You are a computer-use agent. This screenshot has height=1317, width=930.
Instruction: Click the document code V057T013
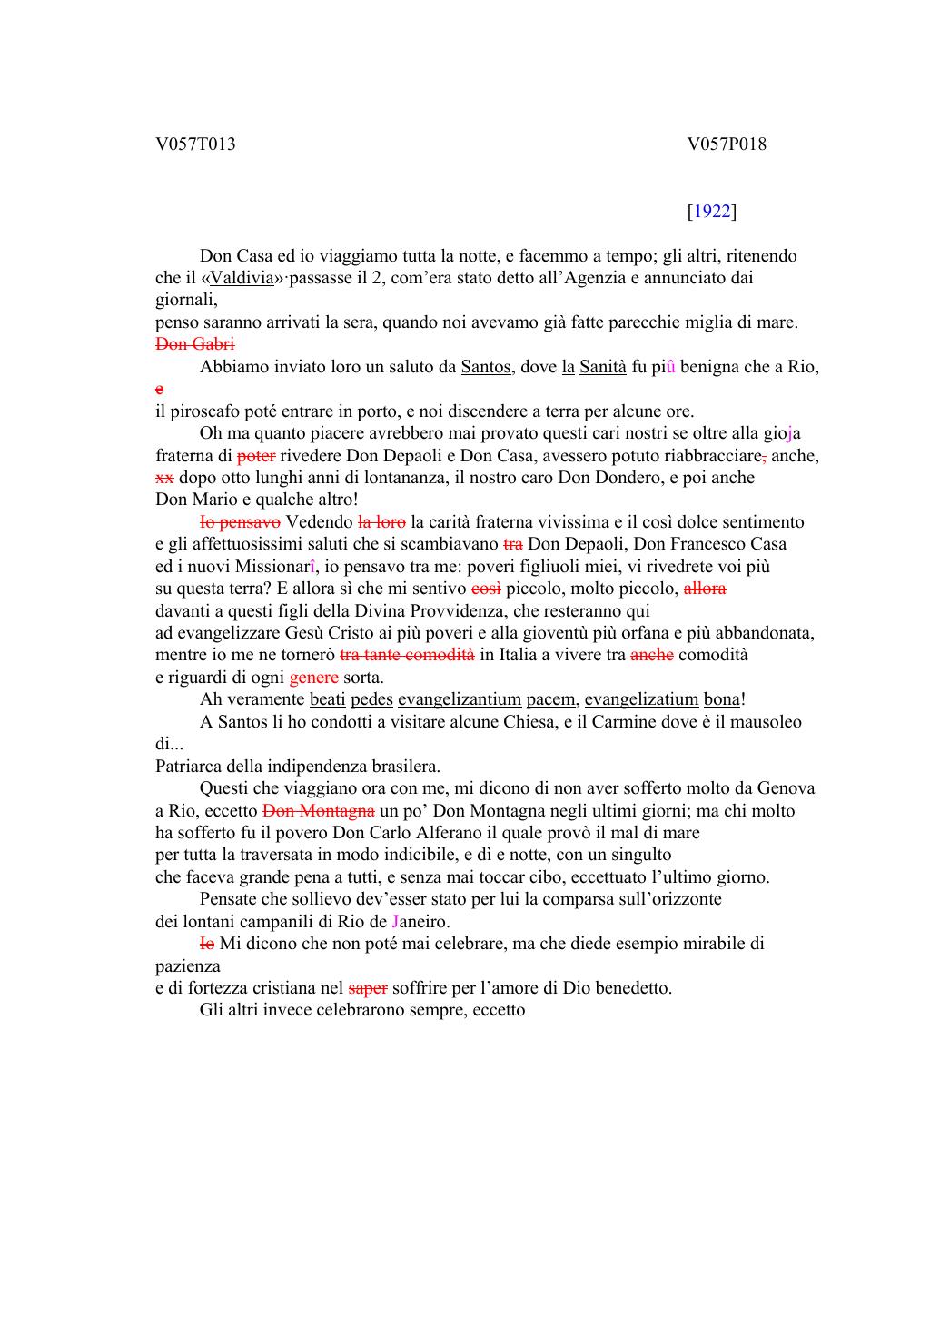click(195, 144)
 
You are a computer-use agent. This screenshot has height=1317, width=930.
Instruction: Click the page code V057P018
click(727, 144)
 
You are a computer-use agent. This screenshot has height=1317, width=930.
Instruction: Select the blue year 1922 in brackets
click(712, 212)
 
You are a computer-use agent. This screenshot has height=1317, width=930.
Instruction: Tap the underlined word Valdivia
click(242, 278)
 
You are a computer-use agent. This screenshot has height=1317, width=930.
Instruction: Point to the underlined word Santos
click(486, 367)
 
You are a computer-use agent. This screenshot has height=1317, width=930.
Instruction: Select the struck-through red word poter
click(255, 456)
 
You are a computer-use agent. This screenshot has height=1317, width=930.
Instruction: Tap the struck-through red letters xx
click(164, 478)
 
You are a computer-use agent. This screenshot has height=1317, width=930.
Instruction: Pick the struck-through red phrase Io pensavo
click(240, 522)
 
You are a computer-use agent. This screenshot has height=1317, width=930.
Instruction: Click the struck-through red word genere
click(313, 678)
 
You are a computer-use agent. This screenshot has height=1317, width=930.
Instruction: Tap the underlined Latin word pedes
click(371, 699)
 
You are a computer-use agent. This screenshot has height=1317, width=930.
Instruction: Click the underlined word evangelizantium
click(460, 699)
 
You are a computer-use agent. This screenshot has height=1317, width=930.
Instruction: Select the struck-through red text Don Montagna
click(318, 811)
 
